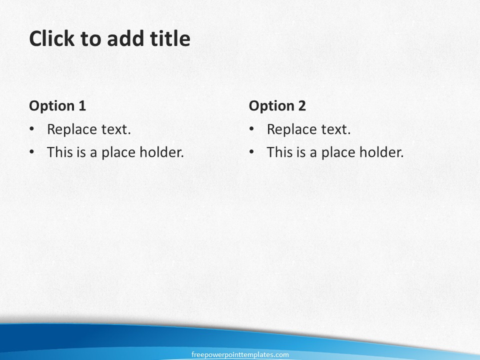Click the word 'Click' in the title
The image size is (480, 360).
[x=51, y=38]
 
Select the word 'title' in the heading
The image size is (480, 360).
[x=170, y=38]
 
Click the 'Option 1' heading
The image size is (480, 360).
[x=57, y=106]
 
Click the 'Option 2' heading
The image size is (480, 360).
[x=277, y=106]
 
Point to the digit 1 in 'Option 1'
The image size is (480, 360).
[x=82, y=105]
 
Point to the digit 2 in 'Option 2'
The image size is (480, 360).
[x=302, y=105]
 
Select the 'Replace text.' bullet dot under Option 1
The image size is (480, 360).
[x=32, y=129]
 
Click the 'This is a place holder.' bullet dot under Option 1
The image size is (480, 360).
[x=32, y=152]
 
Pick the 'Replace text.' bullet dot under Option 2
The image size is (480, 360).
[x=251, y=129]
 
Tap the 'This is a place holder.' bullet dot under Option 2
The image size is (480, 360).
[x=251, y=152]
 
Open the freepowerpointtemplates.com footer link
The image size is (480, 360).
[x=240, y=355]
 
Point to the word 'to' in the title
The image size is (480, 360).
[x=90, y=39]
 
